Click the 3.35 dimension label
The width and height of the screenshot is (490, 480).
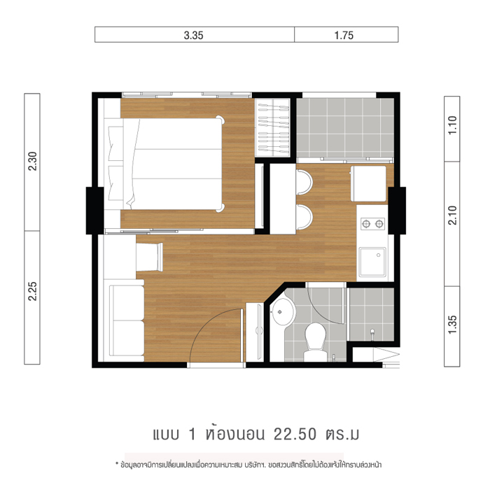(193, 35)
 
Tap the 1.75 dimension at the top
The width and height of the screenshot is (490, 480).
(344, 35)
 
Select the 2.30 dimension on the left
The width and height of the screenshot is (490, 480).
(32, 161)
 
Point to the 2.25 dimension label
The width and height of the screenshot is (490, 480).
(32, 291)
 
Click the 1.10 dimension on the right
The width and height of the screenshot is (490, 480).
(452, 125)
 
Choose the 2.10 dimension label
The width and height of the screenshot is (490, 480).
(452, 216)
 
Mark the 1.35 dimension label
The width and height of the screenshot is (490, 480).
(452, 325)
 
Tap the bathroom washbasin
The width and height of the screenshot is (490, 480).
(283, 311)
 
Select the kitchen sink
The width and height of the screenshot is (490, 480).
(372, 262)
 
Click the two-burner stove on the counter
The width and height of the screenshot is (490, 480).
(372, 224)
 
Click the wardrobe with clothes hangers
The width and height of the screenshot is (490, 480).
(272, 128)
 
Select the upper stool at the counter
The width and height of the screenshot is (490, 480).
(304, 182)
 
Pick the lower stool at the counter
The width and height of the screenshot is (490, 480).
(304, 217)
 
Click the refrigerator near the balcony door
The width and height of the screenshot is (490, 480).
(368, 183)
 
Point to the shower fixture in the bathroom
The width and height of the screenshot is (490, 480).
(372, 334)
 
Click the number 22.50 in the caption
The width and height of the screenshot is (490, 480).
(295, 434)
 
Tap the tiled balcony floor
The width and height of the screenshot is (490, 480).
(345, 128)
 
